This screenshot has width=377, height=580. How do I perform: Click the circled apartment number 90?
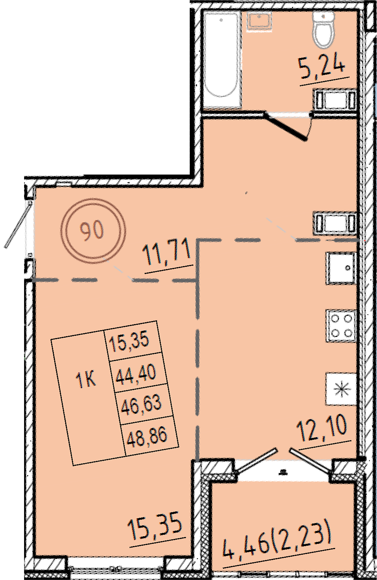coord(93,230)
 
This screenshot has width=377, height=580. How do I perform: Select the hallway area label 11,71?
coord(167,253)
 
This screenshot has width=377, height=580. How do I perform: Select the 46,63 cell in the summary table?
coord(141,406)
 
